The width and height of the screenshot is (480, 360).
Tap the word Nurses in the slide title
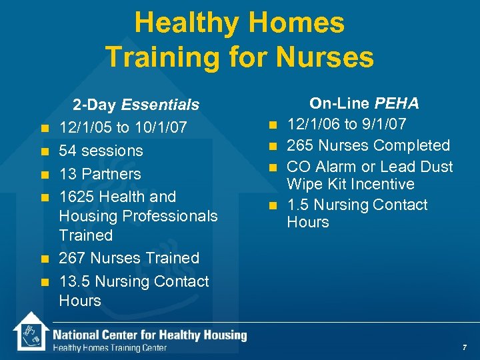[327, 57]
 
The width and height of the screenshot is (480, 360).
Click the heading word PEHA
[397, 103]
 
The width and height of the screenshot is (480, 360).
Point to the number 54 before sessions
[67, 151]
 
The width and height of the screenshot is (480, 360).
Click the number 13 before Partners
[67, 174]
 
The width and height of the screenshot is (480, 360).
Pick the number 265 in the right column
[301, 145]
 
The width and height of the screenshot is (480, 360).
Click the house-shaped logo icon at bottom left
[31, 331]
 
